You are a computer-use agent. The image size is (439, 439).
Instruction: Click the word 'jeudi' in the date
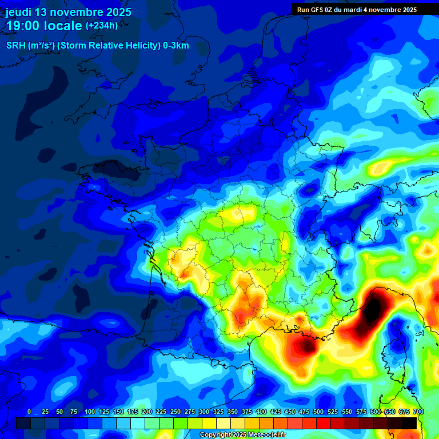(x=18, y=12)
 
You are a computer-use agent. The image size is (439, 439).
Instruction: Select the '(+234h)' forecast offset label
(x=102, y=25)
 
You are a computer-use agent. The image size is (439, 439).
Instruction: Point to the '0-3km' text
(x=176, y=46)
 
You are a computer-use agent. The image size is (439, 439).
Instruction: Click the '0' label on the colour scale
(x=29, y=412)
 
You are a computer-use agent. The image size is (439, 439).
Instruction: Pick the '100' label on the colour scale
(x=90, y=412)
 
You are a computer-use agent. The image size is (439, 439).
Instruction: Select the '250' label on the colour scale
(x=175, y=412)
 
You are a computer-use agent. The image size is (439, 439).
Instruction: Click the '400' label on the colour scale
(x=261, y=412)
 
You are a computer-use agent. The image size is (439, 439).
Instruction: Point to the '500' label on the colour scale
(x=318, y=412)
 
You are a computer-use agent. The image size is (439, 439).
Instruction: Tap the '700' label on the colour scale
(x=418, y=412)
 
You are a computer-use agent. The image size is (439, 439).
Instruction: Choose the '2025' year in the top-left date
(x=118, y=12)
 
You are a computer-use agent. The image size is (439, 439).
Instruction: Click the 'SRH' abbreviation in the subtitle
(x=15, y=46)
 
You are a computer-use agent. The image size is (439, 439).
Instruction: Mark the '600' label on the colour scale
(x=376, y=412)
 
